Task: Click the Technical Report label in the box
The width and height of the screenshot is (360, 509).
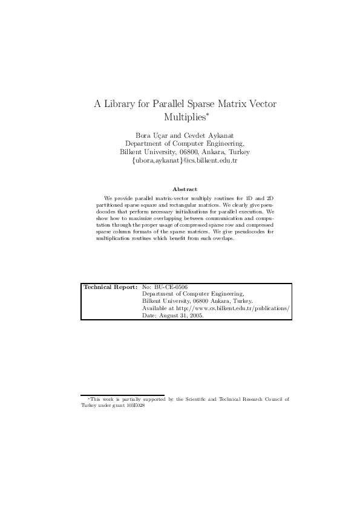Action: [x=110, y=287]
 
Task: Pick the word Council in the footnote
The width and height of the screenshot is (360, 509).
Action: [x=273, y=400]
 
